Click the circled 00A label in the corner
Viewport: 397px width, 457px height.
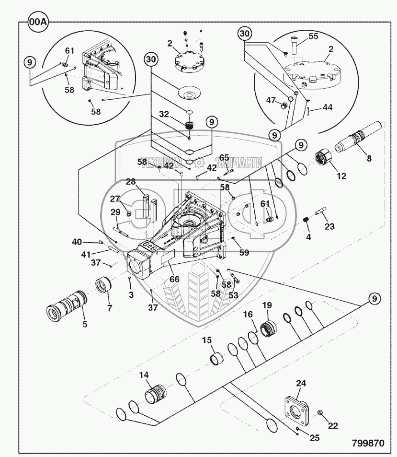coord(38,22)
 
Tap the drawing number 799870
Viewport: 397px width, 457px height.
coord(368,443)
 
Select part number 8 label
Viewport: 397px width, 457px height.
coord(369,158)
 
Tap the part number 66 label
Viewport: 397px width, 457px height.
coord(174,279)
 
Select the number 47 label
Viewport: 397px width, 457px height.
coord(271,100)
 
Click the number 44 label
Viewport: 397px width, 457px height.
coord(327,107)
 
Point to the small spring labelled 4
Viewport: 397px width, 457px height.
coord(306,220)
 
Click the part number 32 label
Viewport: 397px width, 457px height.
coord(164,114)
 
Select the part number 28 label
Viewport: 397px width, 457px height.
coord(131,182)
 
